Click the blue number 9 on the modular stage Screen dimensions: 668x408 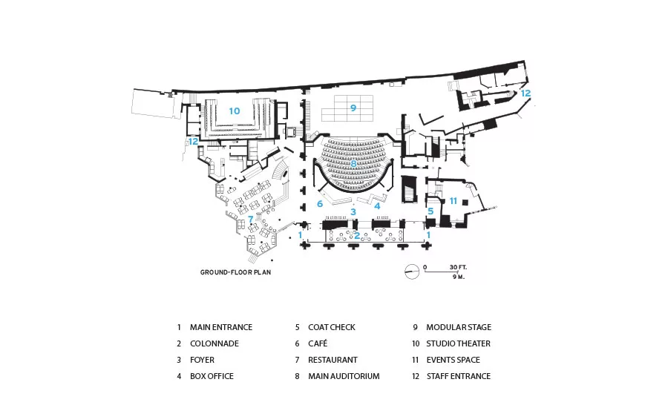point(353,108)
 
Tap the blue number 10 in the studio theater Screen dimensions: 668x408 point(235,111)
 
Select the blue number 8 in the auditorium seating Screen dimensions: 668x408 point(353,163)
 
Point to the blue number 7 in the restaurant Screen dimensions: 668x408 point(251,219)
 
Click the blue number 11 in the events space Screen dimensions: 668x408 point(453,200)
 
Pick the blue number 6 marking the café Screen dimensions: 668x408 point(320,204)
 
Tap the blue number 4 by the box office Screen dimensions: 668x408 point(377,206)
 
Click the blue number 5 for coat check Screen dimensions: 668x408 point(430,211)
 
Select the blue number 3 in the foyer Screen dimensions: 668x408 point(353,211)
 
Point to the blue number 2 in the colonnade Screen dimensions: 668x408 point(357,235)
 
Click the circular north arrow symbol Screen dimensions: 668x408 point(411,272)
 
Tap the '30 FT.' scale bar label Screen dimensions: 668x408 point(458,268)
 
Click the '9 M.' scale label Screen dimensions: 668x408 point(459,277)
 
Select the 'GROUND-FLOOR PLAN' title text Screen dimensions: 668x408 point(235,272)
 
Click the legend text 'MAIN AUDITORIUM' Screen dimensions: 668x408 point(344,376)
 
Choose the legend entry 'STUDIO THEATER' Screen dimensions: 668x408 point(459,343)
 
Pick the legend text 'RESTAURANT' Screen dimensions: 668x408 point(333,360)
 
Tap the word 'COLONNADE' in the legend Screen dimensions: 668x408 point(215,343)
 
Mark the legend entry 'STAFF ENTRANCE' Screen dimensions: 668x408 point(459,376)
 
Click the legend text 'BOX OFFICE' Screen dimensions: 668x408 point(212,376)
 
